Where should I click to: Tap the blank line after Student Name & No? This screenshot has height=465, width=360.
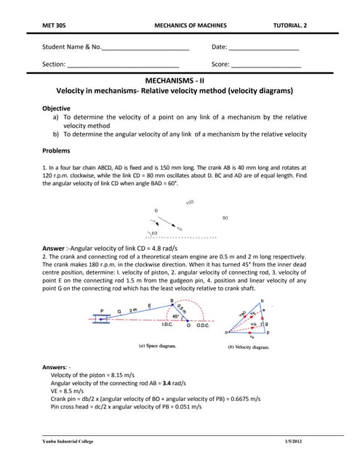(145, 49)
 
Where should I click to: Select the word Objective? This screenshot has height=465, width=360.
(57, 108)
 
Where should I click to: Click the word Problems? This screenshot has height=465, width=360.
(57, 151)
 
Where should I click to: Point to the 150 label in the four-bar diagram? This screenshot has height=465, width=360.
(190, 203)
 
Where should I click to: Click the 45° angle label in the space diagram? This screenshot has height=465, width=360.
(175, 317)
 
